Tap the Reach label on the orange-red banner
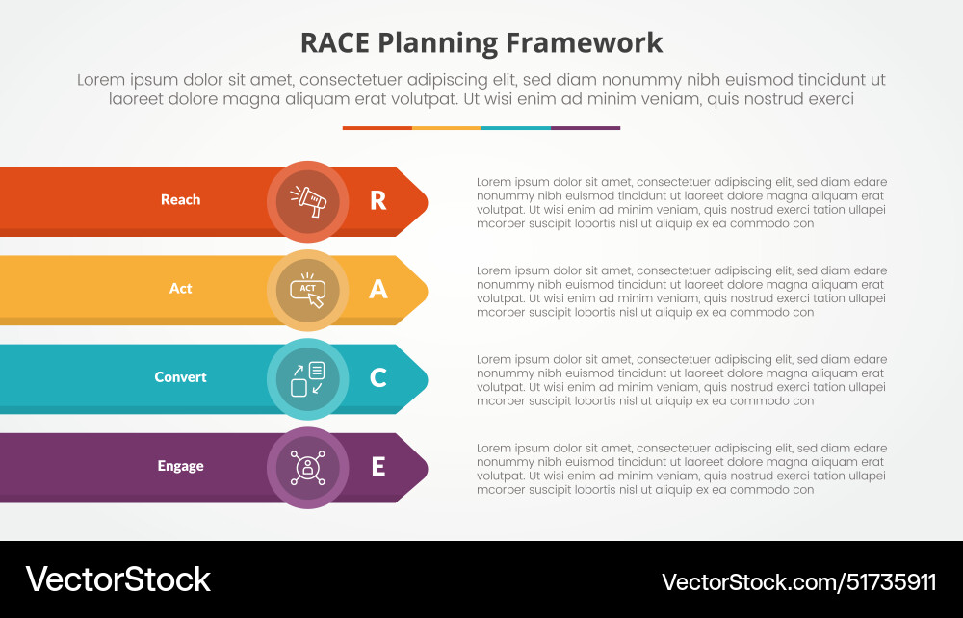coord(180,200)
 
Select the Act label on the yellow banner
coord(180,289)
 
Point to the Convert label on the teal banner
coord(180,377)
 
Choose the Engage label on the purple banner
coord(180,466)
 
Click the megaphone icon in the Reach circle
coord(307,200)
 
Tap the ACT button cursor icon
coord(307,290)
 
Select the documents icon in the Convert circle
coord(307,378)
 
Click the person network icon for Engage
coord(307,467)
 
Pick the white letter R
coord(377,200)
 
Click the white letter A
coord(377,289)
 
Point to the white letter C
coord(377,377)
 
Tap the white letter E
coord(377,466)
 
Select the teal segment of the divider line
coord(515,128)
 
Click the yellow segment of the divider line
coord(446,128)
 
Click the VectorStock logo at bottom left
coord(117,579)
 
